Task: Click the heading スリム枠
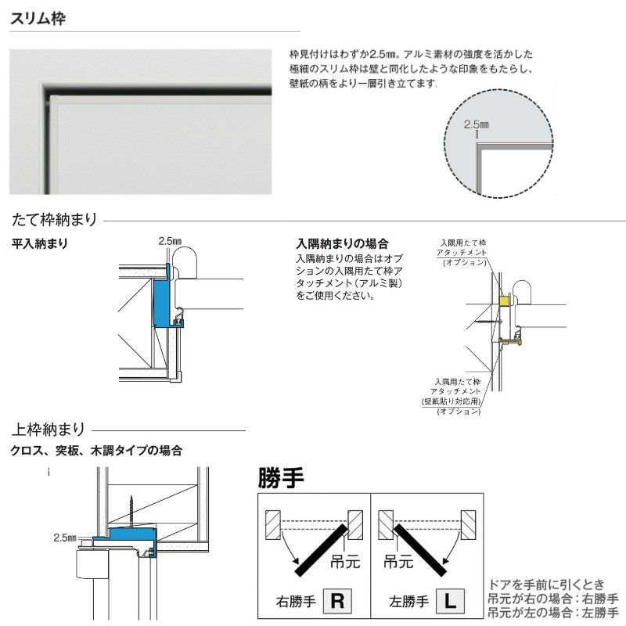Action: click(x=38, y=18)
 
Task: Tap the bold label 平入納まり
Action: click(x=39, y=244)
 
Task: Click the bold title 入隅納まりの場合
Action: click(x=342, y=244)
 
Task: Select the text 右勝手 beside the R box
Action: click(x=295, y=602)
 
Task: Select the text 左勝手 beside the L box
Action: click(x=408, y=602)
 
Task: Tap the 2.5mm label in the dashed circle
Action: click(x=476, y=124)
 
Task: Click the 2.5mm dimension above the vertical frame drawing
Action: click(x=169, y=241)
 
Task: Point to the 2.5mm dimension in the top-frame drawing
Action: click(x=66, y=538)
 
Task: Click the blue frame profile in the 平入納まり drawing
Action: click(x=161, y=301)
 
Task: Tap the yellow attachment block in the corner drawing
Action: click(x=505, y=300)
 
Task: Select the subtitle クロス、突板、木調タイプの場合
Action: click(x=96, y=451)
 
